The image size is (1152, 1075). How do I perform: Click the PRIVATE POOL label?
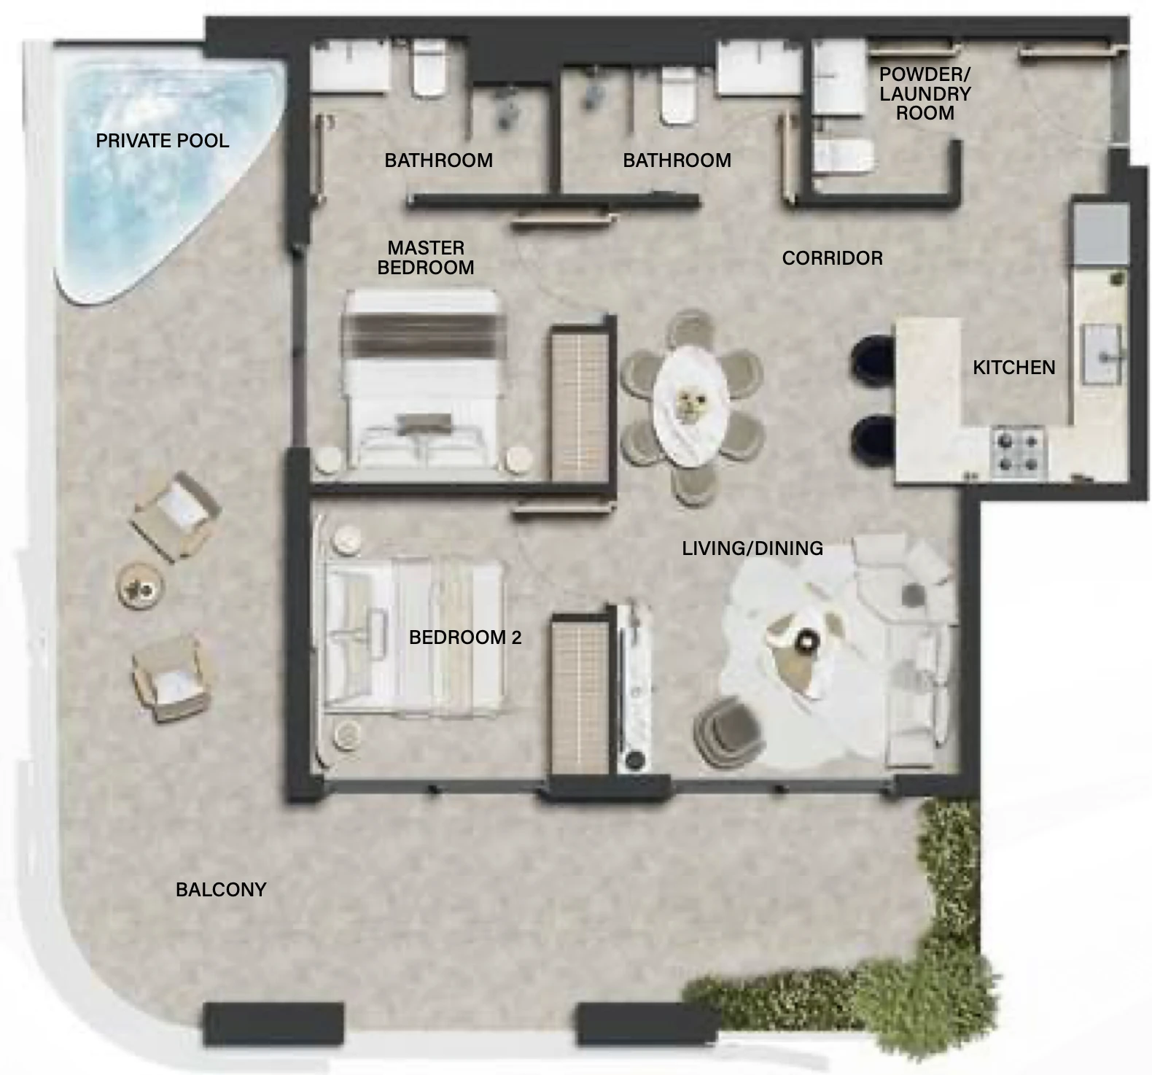coord(163,141)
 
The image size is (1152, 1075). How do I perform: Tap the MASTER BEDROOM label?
coord(426,258)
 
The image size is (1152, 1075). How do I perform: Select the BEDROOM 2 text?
coord(465,637)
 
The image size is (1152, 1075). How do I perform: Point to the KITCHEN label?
coord(1014,368)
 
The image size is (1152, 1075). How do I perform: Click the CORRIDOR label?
coord(833,258)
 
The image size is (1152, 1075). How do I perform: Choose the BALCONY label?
coord(221,890)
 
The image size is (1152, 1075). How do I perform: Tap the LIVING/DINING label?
coord(752,548)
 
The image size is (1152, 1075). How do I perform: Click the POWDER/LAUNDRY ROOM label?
coord(925,94)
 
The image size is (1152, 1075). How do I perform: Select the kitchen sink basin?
coord(1101,354)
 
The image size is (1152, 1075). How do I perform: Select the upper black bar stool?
coord(873,358)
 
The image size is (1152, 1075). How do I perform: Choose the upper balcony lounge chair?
coord(175,516)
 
